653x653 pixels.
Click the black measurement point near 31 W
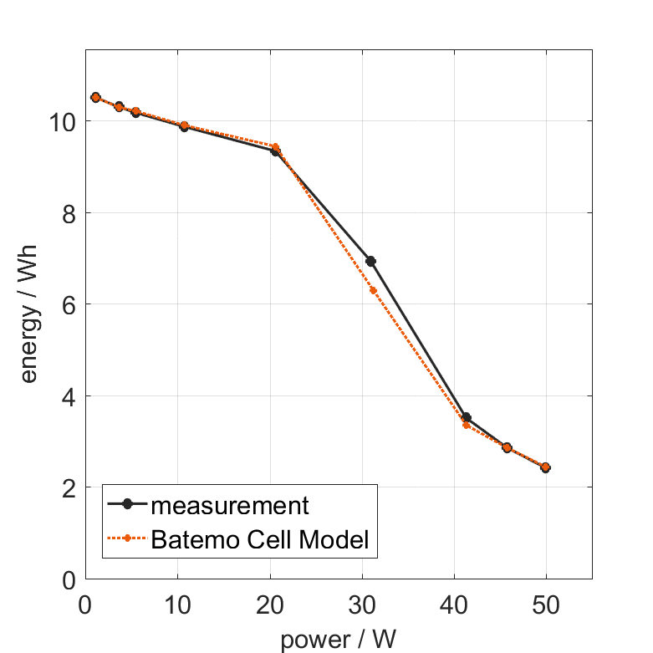point(370,262)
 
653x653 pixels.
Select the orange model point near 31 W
point(373,290)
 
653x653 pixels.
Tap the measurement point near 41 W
point(466,418)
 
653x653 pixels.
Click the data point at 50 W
point(545,467)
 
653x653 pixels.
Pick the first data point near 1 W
point(95,98)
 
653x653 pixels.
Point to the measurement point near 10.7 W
point(184,127)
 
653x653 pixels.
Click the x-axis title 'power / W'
point(338,640)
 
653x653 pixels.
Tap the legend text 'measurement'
point(230,506)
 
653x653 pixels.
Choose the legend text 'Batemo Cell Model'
point(260,540)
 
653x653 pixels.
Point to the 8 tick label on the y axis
point(69,213)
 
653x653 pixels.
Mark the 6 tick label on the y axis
point(69,304)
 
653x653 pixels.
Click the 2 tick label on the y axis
point(69,487)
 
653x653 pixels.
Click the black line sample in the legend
point(127,504)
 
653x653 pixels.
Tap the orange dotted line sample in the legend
point(127,539)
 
